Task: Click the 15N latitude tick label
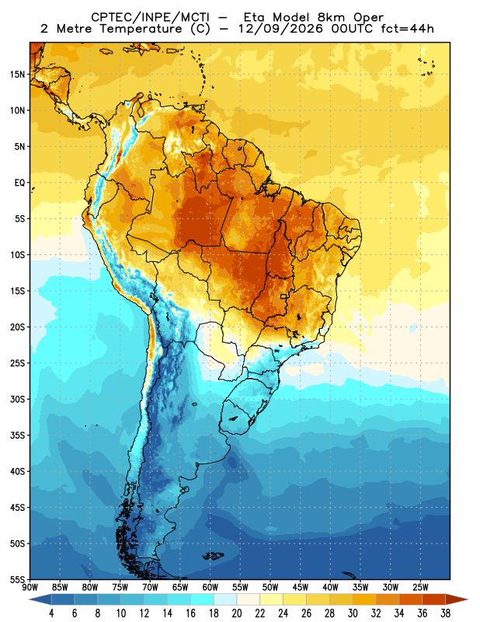[17, 74]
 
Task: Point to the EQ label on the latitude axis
[20, 183]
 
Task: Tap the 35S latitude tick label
[17, 435]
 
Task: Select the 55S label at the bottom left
[17, 580]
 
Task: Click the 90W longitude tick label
[30, 587]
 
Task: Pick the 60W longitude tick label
[210, 587]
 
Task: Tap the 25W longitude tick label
[420, 587]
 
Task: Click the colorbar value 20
[237, 613]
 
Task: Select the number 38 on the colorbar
[446, 613]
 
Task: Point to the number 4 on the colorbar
[51, 613]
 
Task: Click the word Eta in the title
[255, 17]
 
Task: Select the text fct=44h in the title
[408, 29]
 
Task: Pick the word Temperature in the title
[141, 29]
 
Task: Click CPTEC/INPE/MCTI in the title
[151, 17]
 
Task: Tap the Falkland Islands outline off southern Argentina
[213, 556]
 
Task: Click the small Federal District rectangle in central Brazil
[283, 296]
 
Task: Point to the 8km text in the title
[331, 17]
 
